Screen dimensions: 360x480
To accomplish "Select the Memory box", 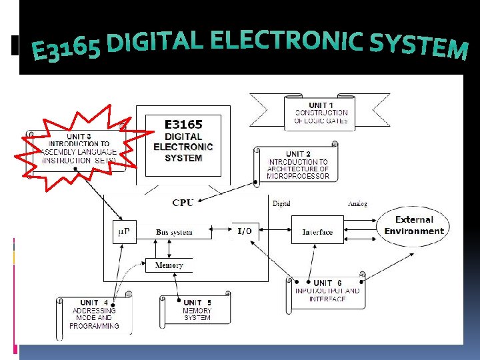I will pyautogui.click(x=169, y=265).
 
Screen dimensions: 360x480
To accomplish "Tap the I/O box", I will pyautogui.click(x=245, y=231).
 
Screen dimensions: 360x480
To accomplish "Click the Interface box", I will pyautogui.click(x=317, y=232).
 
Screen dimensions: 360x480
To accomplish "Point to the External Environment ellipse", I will pyautogui.click(x=414, y=225).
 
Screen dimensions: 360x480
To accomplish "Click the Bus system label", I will pyautogui.click(x=174, y=232).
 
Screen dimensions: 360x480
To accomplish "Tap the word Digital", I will pyautogui.click(x=281, y=203).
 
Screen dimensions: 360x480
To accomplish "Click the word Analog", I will pyautogui.click(x=357, y=203).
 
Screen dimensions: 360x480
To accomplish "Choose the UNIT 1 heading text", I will pyautogui.click(x=321, y=105).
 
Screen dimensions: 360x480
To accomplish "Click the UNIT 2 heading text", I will pyautogui.click(x=298, y=154).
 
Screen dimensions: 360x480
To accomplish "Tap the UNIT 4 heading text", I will pyautogui.click(x=94, y=303).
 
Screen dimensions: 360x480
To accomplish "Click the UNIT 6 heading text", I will pyautogui.click(x=327, y=283).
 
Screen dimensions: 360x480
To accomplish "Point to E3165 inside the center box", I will pyautogui.click(x=183, y=124).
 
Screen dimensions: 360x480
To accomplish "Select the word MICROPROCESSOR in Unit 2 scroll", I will pyautogui.click(x=299, y=176).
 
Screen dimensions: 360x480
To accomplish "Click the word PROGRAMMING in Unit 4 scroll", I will pyautogui.click(x=94, y=326).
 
